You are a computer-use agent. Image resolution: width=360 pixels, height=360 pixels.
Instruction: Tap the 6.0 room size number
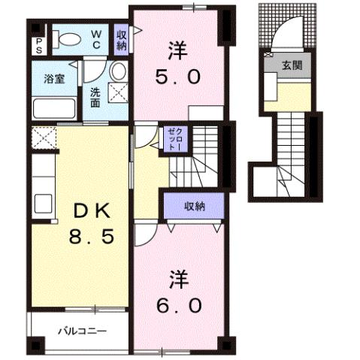179,306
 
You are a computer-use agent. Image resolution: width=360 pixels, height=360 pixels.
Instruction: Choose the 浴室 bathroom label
53,79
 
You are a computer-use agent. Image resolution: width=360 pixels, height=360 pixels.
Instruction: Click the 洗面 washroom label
95,97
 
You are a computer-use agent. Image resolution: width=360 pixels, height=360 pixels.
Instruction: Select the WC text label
98,38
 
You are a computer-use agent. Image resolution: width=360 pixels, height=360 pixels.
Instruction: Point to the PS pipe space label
38,46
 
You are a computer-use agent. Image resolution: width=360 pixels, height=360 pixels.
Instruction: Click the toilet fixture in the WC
67,43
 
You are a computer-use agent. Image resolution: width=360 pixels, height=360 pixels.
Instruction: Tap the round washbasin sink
117,72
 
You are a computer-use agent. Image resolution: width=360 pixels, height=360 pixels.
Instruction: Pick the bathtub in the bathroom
53,107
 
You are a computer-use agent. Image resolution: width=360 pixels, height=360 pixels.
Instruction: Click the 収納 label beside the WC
122,38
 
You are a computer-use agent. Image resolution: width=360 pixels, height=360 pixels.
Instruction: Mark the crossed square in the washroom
117,92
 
